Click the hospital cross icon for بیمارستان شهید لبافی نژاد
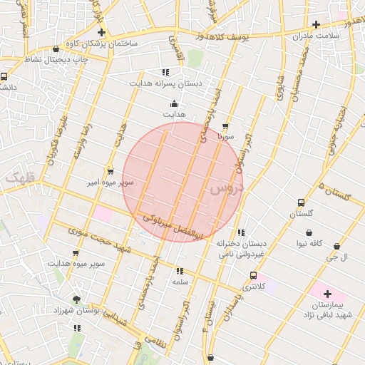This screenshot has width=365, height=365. click(327, 294)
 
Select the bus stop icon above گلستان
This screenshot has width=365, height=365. click(302, 202)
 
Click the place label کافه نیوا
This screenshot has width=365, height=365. click(310, 244)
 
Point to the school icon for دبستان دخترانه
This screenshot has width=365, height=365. click(242, 232)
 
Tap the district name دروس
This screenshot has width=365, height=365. click(227, 190)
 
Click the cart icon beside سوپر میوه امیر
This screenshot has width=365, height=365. click(110, 171)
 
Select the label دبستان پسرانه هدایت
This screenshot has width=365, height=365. click(165, 83)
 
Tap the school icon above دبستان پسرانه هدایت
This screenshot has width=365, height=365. click(165, 72)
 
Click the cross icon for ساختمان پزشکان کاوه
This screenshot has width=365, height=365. click(102, 33)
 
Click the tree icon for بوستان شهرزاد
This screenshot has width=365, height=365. click(76, 299)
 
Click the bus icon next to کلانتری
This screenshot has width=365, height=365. click(253, 275)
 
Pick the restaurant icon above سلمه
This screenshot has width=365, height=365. click(179, 271)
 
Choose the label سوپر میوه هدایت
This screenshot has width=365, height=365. click(76, 264)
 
